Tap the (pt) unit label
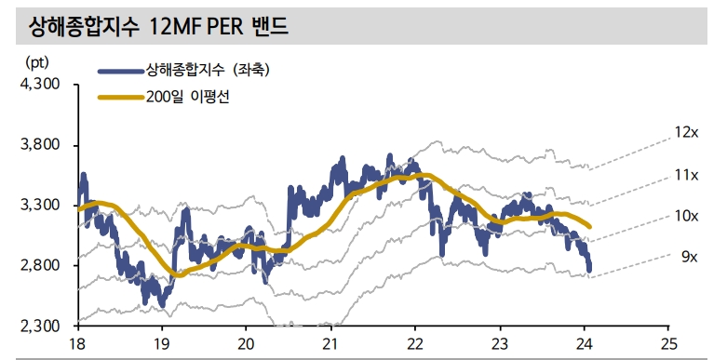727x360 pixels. pyautogui.click(x=34, y=62)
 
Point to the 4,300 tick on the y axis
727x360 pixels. pyautogui.click(x=39, y=84)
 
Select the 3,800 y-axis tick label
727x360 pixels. pyautogui.click(x=39, y=145)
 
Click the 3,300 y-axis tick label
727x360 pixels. pyautogui.click(x=39, y=206)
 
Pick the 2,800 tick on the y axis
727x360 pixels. pyautogui.click(x=39, y=266)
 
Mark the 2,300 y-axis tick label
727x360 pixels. pyautogui.click(x=39, y=327)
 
